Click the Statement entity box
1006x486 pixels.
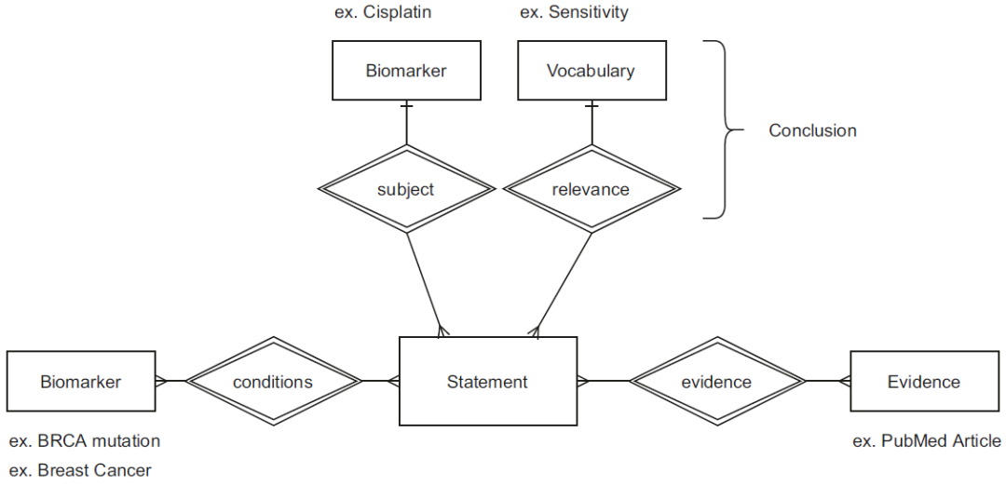[x=487, y=381]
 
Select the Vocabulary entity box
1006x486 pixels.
[x=591, y=71]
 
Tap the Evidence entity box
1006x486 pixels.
[x=924, y=381]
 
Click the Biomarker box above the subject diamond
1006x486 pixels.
[x=406, y=71]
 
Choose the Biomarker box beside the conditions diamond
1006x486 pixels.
[x=80, y=381]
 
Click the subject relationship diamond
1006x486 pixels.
[x=407, y=188]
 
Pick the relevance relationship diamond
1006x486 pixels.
[x=591, y=188]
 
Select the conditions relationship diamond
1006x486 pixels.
[x=273, y=381]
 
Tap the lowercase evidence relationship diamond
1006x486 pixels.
[x=716, y=381]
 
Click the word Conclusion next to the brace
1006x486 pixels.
[x=812, y=130]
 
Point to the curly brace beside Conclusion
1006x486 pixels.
[x=725, y=129]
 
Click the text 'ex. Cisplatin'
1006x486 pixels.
[x=383, y=12]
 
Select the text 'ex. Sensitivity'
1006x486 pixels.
[x=574, y=12]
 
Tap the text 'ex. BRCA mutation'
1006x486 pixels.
[x=85, y=441]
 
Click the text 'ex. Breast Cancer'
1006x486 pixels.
[x=80, y=470]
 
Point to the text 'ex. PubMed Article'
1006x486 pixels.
[x=927, y=441]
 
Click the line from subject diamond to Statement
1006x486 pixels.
[x=425, y=284]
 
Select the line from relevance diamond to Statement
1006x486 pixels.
[x=563, y=284]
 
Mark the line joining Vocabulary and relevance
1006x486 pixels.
[x=591, y=123]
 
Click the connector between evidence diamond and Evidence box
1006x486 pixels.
[x=828, y=381]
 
